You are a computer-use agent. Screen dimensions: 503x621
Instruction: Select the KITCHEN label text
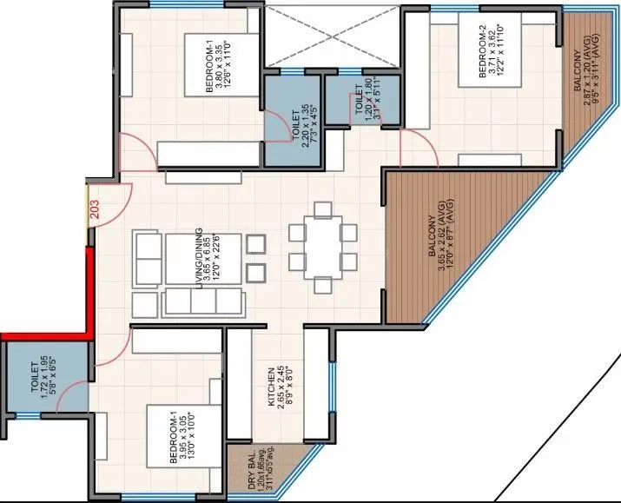[272, 386]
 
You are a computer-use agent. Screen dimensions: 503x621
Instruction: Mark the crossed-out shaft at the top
[334, 36]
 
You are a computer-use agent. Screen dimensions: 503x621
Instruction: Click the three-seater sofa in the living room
[201, 301]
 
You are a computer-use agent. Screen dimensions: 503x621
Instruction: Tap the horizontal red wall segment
[43, 335]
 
